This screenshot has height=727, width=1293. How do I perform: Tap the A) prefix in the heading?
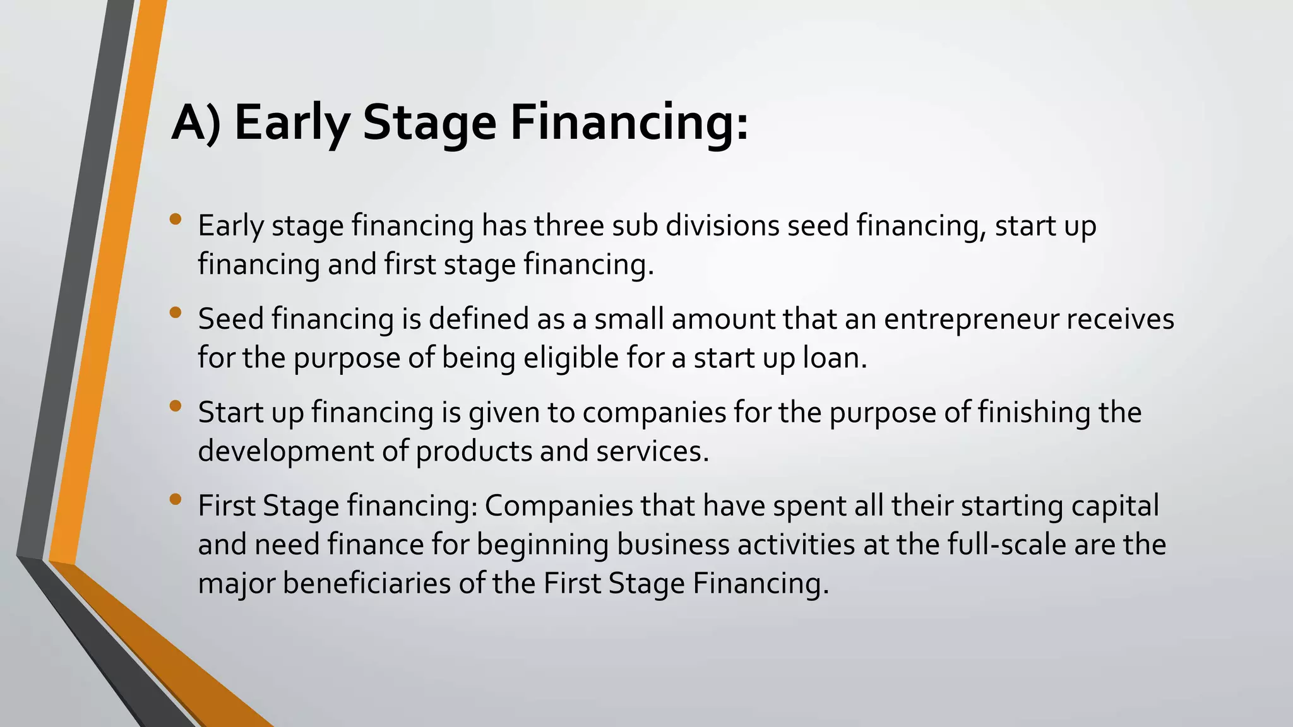[196, 123]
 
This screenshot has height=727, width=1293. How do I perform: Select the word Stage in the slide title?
[429, 123]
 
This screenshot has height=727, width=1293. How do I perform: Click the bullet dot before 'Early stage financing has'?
[176, 220]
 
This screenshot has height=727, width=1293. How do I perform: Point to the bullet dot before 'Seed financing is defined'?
[176, 312]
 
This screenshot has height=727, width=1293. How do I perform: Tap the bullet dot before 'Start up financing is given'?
[176, 406]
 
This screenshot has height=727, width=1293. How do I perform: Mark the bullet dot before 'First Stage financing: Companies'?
[176, 499]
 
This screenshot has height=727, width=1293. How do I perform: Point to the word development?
[286, 451]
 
